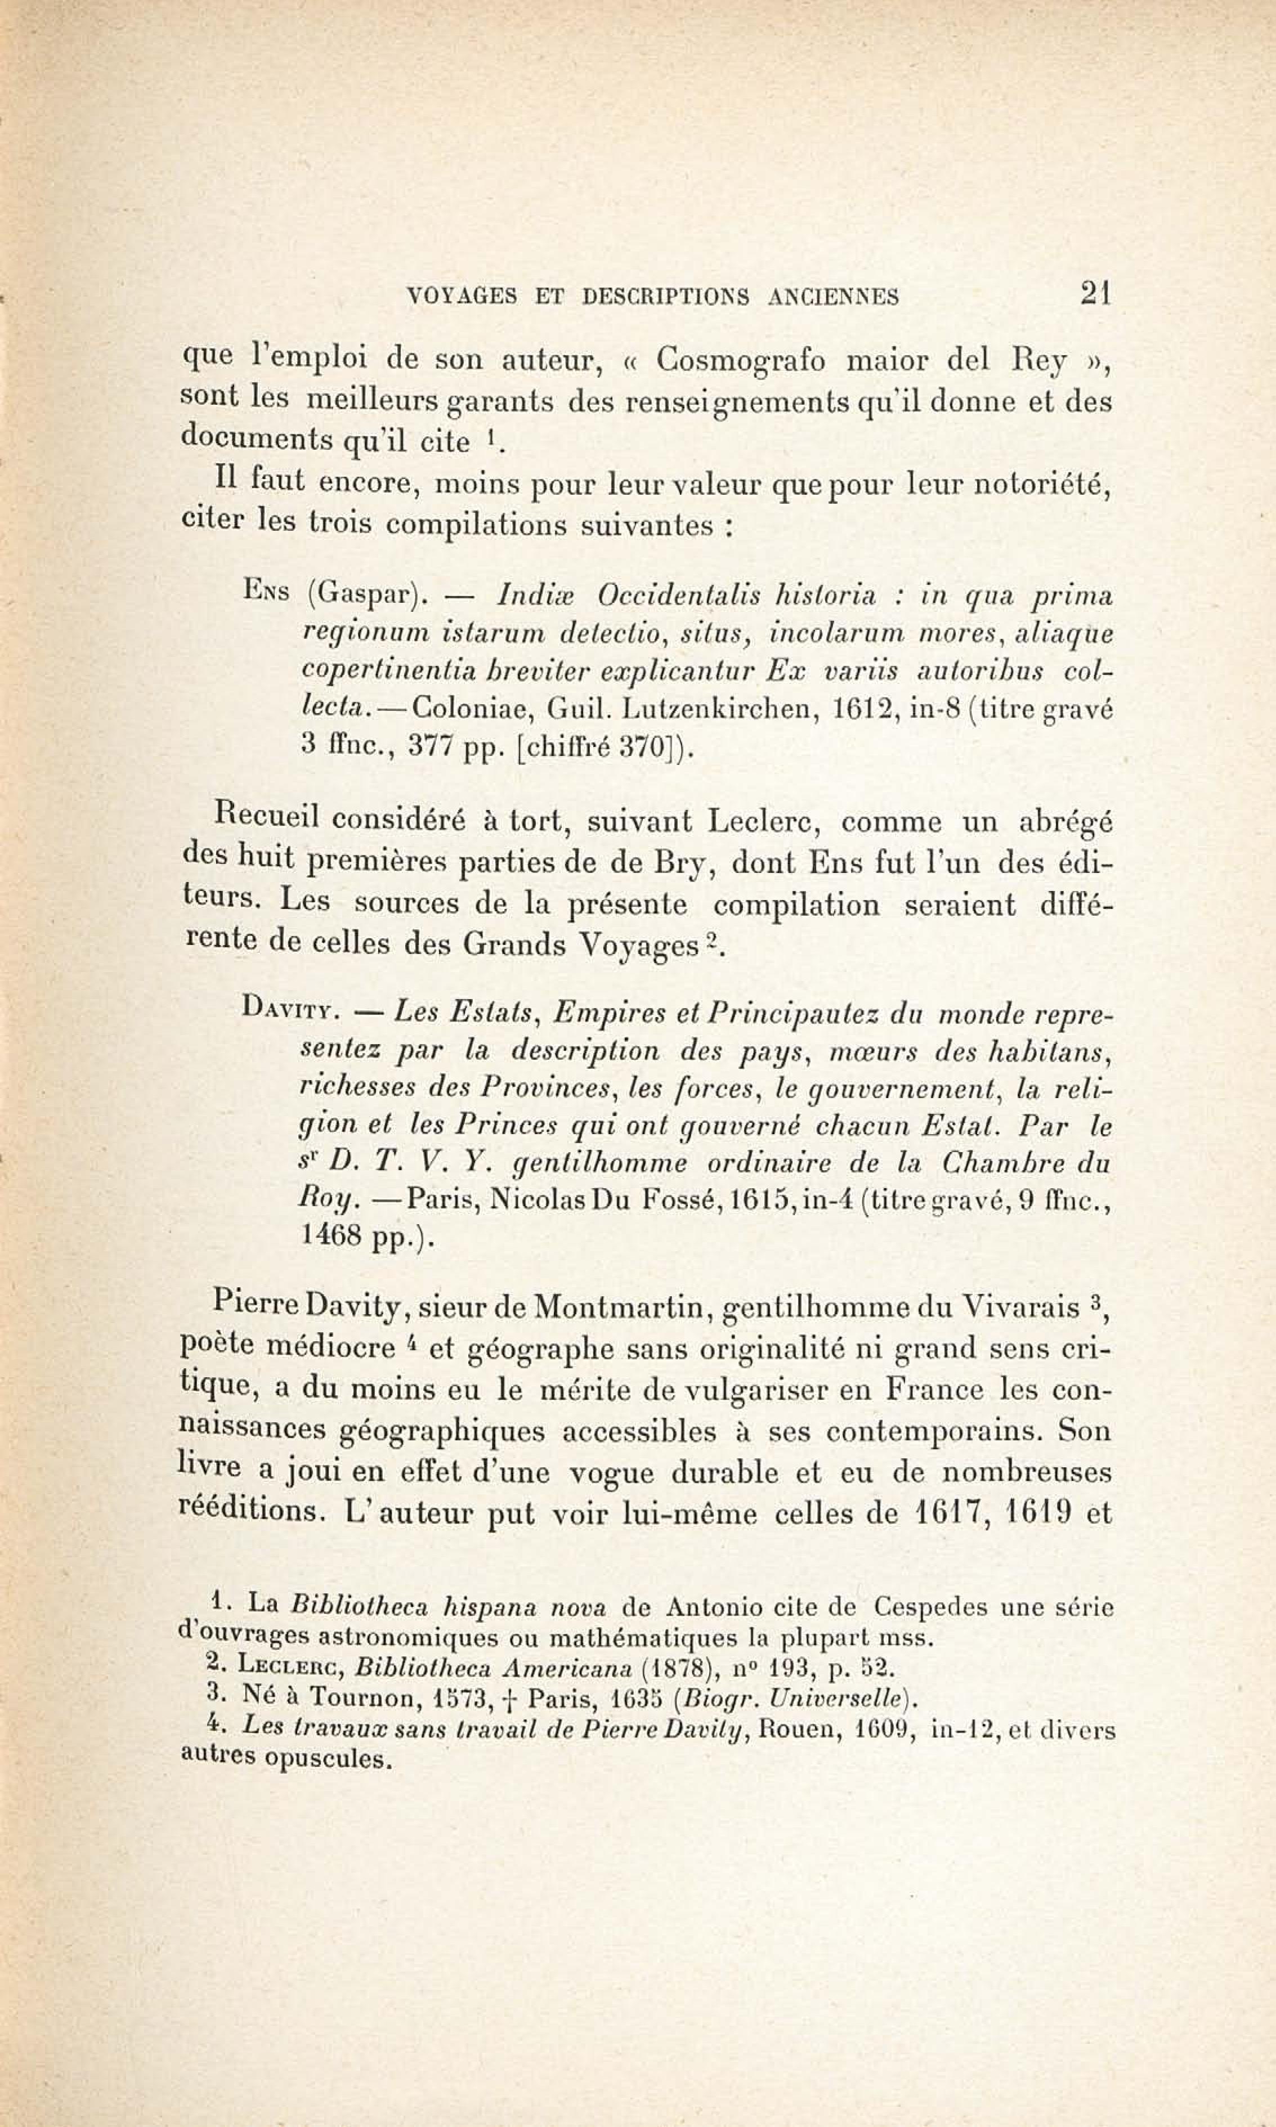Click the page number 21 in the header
point(1096,295)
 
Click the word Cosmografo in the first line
point(740,360)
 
